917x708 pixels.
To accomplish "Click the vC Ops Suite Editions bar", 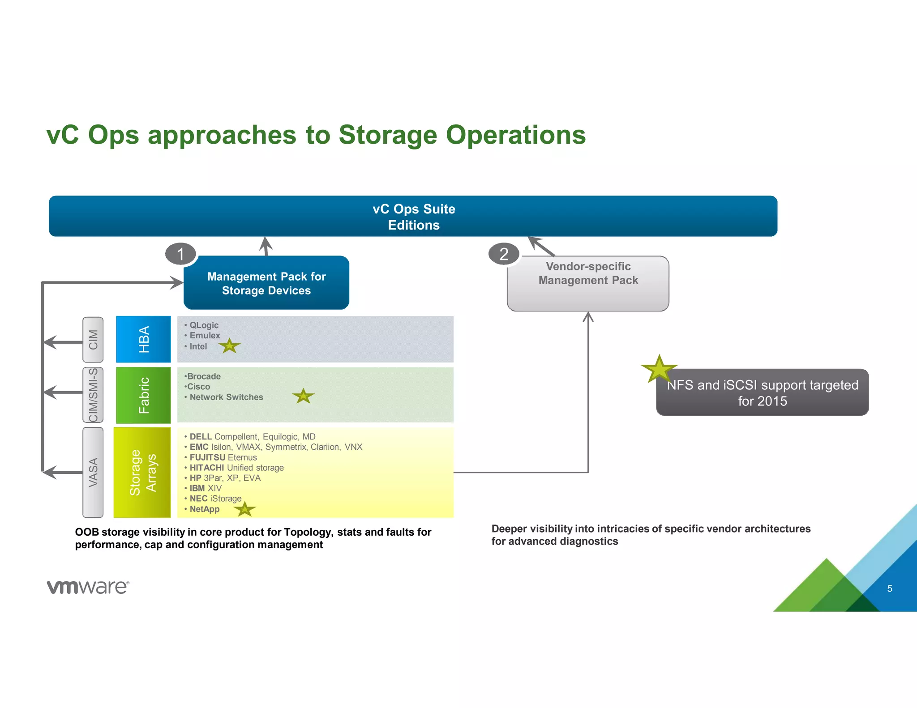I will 413,216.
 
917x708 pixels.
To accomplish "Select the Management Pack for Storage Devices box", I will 266,283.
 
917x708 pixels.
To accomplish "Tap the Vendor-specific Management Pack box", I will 588,283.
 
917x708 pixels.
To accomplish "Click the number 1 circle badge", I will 180,254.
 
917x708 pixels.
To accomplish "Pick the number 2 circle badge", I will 504,254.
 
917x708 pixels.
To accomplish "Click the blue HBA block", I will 143,339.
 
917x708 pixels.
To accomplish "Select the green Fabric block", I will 143,395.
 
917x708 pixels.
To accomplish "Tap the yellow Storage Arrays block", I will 142,473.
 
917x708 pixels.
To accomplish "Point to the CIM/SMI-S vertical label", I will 93,395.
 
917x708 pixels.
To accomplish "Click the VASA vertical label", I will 93,473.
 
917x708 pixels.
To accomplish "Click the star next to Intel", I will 230,345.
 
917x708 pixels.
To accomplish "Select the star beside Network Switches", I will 303,396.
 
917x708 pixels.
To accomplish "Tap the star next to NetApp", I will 244,509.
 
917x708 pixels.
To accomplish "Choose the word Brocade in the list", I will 204,376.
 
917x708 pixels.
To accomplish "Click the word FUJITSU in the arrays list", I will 207,457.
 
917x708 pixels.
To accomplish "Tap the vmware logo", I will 88,587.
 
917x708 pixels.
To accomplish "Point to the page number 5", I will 890,589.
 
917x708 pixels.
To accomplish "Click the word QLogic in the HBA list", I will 204,325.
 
